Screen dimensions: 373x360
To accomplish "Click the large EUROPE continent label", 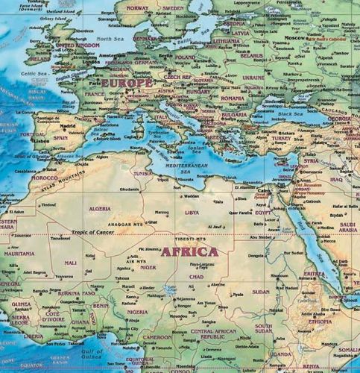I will click(127, 84).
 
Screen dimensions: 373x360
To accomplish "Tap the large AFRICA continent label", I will click(190, 251).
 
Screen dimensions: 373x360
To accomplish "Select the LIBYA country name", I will click(192, 212).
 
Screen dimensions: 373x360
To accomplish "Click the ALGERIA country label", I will click(100, 210).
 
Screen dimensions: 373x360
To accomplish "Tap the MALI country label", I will click(71, 263).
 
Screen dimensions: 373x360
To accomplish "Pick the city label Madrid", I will click(69, 126).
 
